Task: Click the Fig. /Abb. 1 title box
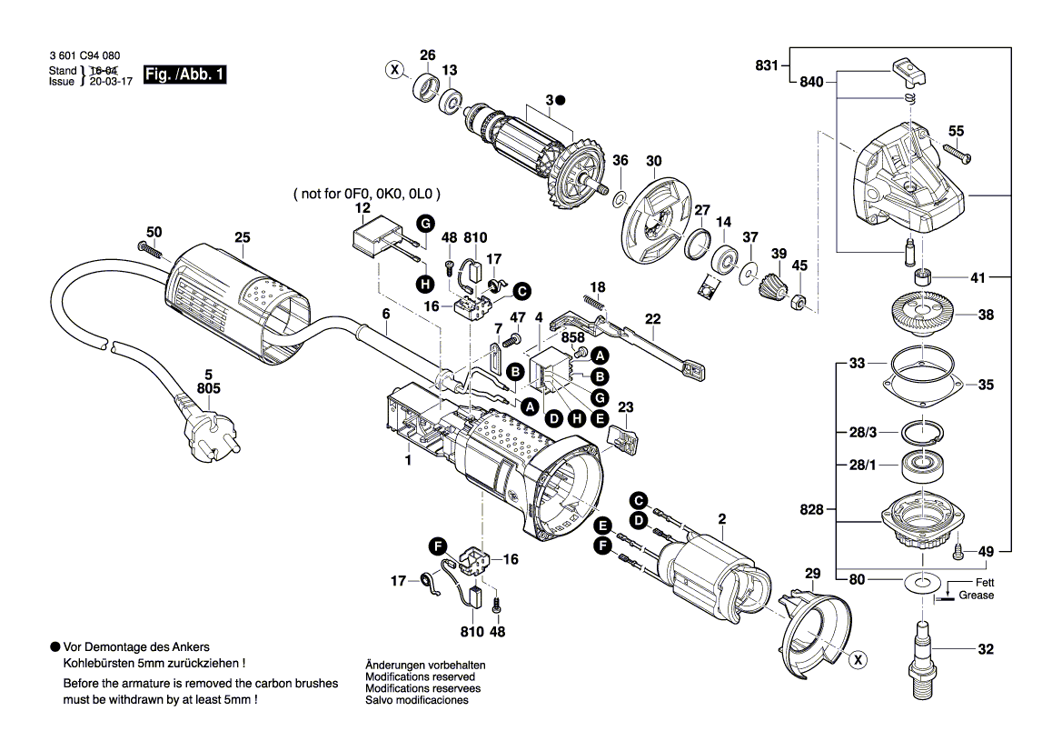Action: click(x=185, y=75)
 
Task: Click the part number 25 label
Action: click(x=242, y=238)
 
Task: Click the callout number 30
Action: click(x=653, y=162)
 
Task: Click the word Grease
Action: click(x=978, y=596)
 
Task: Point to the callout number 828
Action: click(x=811, y=510)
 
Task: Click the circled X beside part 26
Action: click(x=394, y=69)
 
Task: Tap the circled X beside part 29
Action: click(x=857, y=661)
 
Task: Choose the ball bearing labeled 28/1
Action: click(x=920, y=466)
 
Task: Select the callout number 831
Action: click(x=767, y=65)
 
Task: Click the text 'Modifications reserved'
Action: click(x=419, y=677)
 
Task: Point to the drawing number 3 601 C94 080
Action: click(x=87, y=56)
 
